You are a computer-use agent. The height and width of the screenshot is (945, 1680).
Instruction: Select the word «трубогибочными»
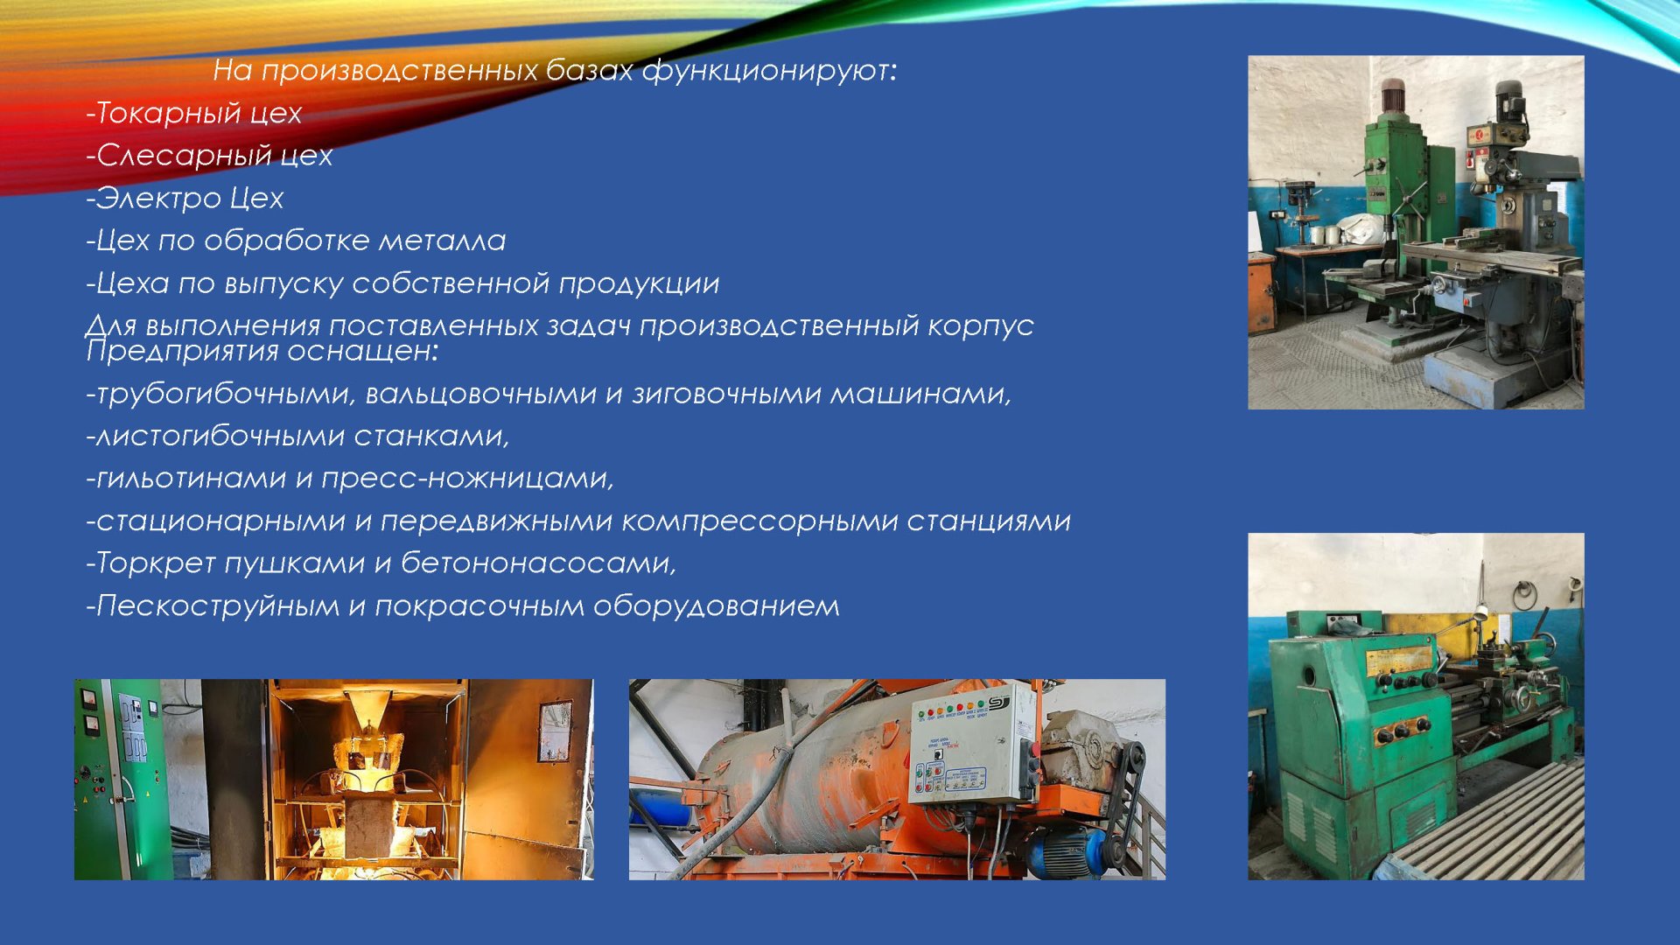(x=222, y=395)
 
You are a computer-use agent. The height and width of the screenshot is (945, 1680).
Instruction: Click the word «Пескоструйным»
(x=217, y=605)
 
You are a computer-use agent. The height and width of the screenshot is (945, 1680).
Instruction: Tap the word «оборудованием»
(x=717, y=605)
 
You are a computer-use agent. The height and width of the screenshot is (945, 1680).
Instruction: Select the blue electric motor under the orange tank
(x=1063, y=849)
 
